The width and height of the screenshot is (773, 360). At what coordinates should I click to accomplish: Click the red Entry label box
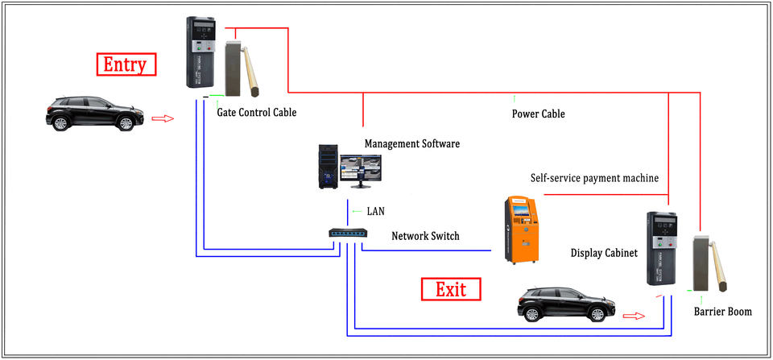click(126, 64)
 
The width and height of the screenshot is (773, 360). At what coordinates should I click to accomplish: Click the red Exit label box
click(451, 288)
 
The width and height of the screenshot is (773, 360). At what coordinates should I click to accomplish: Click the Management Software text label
click(411, 144)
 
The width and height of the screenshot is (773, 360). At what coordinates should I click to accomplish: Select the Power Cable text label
click(538, 114)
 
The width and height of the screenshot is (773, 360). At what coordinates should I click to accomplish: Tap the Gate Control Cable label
click(256, 113)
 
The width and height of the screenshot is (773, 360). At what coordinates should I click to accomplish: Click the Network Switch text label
click(425, 236)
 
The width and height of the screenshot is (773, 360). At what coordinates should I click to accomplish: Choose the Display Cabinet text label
click(604, 253)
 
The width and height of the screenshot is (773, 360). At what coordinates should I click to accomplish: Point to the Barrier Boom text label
click(722, 311)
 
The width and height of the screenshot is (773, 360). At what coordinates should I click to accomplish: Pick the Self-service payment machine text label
click(594, 177)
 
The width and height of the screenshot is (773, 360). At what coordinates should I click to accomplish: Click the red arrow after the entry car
click(163, 118)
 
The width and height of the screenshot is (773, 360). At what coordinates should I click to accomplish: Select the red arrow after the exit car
click(635, 315)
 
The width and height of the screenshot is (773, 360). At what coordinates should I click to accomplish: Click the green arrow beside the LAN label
click(356, 211)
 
